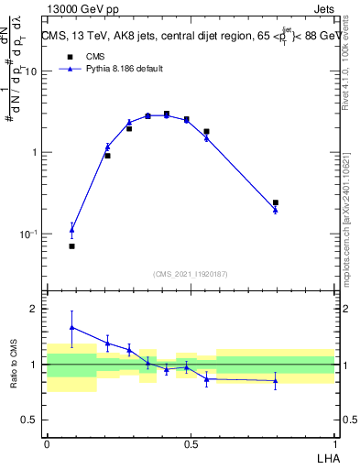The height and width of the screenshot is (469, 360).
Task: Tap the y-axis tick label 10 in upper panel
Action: click(x=31, y=71)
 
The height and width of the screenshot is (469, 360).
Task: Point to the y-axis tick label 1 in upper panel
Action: click(x=35, y=153)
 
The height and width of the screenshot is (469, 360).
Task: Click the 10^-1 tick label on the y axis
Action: click(x=29, y=234)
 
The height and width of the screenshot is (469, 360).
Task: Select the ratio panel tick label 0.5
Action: click(x=31, y=420)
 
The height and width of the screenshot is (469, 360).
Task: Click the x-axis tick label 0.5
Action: click(x=191, y=443)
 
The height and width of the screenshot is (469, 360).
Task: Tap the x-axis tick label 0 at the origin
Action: click(x=47, y=443)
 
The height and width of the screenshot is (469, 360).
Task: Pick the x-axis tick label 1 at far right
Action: click(x=334, y=443)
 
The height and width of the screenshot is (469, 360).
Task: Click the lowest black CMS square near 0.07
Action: click(x=71, y=246)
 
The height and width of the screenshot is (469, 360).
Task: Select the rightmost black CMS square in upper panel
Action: click(x=276, y=202)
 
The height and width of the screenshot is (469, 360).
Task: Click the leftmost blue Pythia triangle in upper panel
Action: click(x=71, y=230)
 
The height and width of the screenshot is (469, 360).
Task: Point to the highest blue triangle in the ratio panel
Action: click(x=71, y=327)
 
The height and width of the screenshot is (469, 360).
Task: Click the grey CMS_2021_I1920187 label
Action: click(x=191, y=274)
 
